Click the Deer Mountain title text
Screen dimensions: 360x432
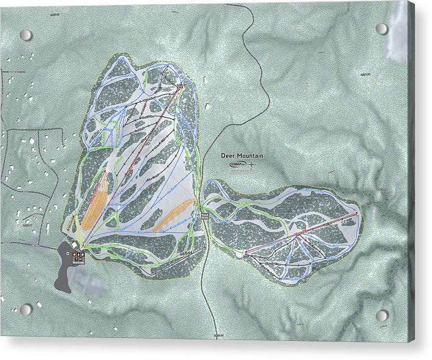[242, 156]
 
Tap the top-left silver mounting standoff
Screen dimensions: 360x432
[25, 35]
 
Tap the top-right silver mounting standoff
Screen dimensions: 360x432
[382, 29]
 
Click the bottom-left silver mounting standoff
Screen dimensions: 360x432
[25, 309]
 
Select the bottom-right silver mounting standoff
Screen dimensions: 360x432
[382, 316]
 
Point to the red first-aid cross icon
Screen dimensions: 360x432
[75, 253]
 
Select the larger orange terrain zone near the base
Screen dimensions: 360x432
[94, 202]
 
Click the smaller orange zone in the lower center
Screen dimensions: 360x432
[171, 215]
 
